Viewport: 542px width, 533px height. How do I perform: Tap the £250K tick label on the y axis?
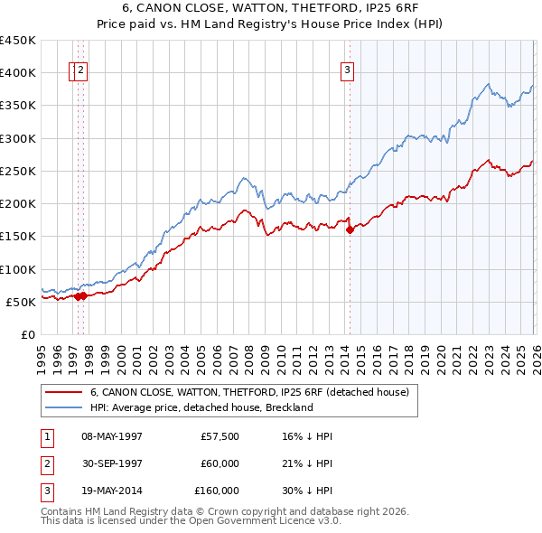pos(18,171)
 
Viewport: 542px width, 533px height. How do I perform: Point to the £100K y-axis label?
pos(18,269)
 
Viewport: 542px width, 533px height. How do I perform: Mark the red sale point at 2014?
pos(350,230)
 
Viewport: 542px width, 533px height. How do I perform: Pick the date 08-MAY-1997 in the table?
pos(112,435)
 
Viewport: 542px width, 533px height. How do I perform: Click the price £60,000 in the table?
pos(220,463)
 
